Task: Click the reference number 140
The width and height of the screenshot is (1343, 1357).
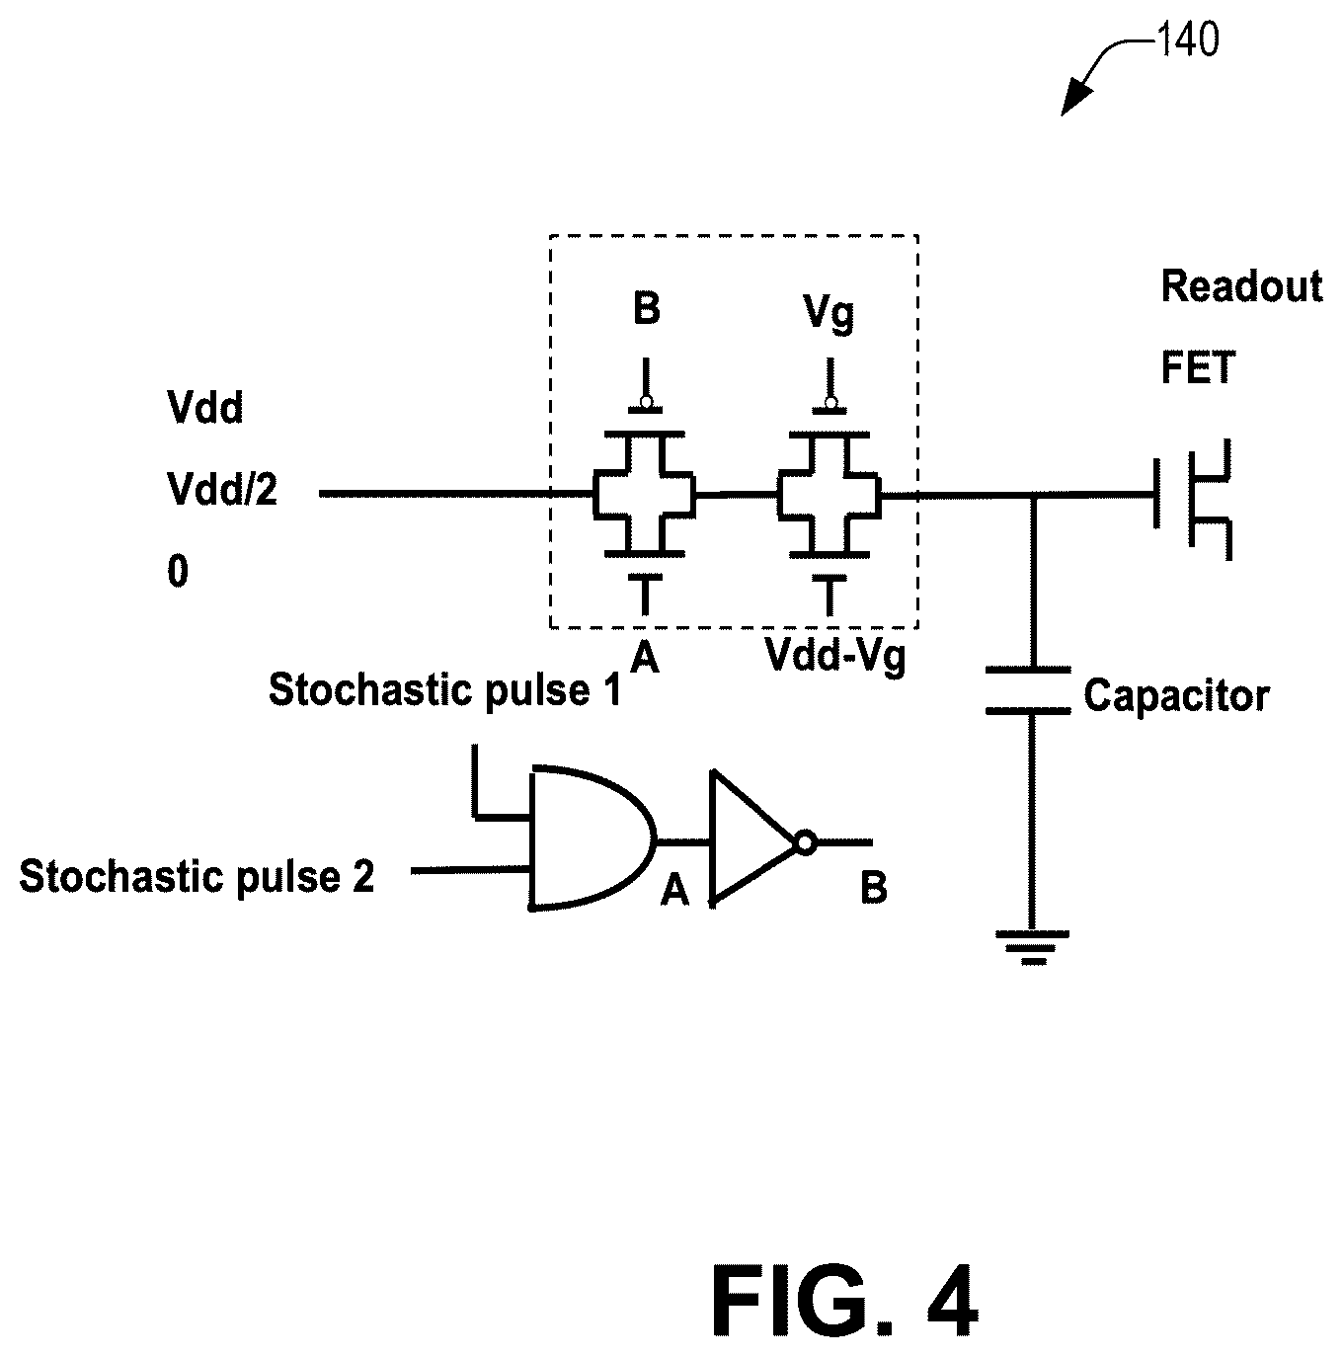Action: (x=1187, y=40)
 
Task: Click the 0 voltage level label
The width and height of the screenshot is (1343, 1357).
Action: (x=178, y=571)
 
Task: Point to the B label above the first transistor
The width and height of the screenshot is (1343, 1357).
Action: (x=646, y=308)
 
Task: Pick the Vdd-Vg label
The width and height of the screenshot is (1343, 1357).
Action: (x=835, y=657)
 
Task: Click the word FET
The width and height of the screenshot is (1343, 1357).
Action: (x=1197, y=366)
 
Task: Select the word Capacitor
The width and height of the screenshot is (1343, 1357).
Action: (x=1176, y=695)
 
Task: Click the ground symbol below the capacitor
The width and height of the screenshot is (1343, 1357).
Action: (x=1032, y=947)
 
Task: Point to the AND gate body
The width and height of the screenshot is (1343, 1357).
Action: (x=592, y=838)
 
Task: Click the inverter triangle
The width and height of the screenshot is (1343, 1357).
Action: (x=753, y=836)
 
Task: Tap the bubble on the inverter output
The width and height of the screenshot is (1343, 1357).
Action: (x=805, y=842)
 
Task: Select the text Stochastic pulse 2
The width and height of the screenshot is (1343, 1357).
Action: (x=197, y=876)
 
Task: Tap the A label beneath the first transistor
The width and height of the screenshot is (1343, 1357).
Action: (x=645, y=658)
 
